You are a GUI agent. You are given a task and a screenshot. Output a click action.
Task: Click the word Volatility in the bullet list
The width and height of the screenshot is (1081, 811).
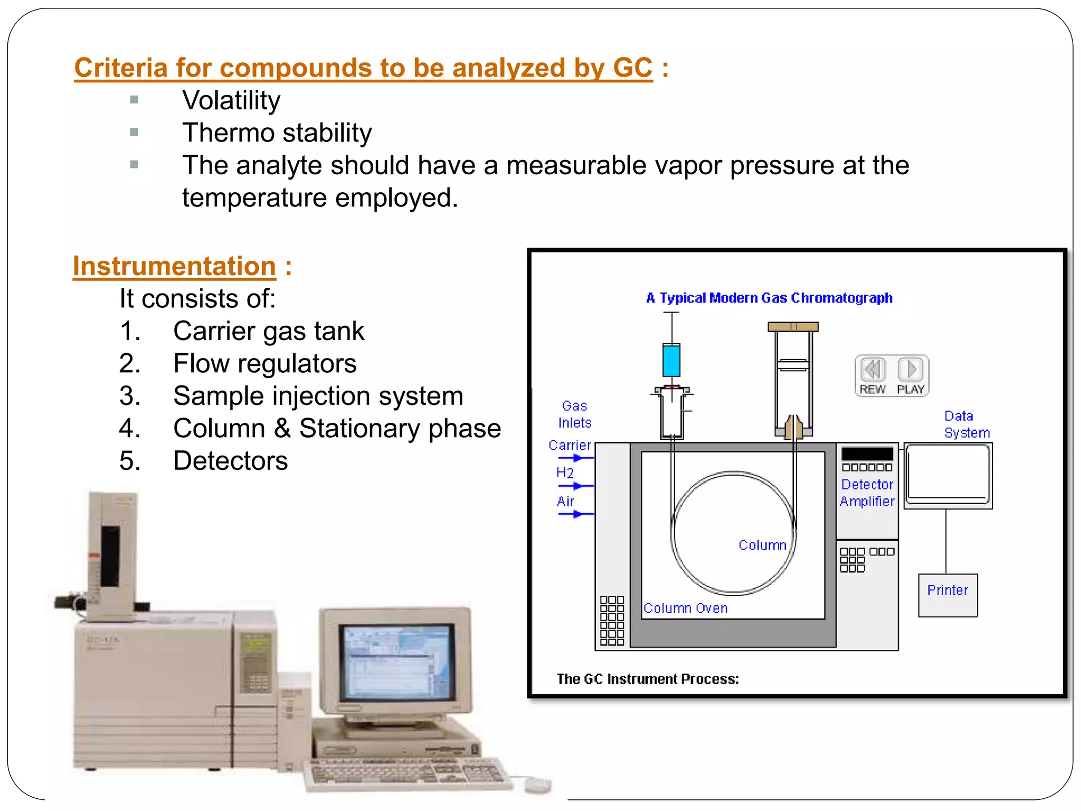click(231, 100)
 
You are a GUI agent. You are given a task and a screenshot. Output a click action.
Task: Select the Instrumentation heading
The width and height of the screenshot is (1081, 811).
click(174, 266)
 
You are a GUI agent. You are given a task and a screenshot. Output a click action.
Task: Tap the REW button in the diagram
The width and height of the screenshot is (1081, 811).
click(873, 375)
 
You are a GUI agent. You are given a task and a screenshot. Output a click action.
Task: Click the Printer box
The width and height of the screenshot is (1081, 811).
click(947, 595)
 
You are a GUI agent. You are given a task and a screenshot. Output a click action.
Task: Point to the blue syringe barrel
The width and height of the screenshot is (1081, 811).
click(671, 360)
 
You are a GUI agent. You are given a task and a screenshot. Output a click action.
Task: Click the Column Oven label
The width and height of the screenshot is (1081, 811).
click(685, 608)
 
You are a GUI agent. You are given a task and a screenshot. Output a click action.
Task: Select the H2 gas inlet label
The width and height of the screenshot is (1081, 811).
click(565, 472)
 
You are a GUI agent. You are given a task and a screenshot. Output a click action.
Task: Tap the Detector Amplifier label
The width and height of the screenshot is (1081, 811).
click(867, 493)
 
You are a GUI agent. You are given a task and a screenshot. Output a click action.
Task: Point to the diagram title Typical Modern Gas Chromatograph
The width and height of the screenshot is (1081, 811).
click(769, 298)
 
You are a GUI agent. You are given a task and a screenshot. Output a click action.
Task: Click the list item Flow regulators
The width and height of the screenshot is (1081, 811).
click(264, 363)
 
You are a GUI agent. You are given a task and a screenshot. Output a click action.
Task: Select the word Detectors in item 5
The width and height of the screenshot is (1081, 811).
click(230, 460)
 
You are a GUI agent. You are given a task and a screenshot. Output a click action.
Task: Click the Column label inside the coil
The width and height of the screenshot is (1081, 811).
click(762, 545)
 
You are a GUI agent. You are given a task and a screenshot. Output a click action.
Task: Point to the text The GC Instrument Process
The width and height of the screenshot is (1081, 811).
click(648, 678)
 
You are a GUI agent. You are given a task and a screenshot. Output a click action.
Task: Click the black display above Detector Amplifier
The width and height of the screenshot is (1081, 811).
click(867, 453)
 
